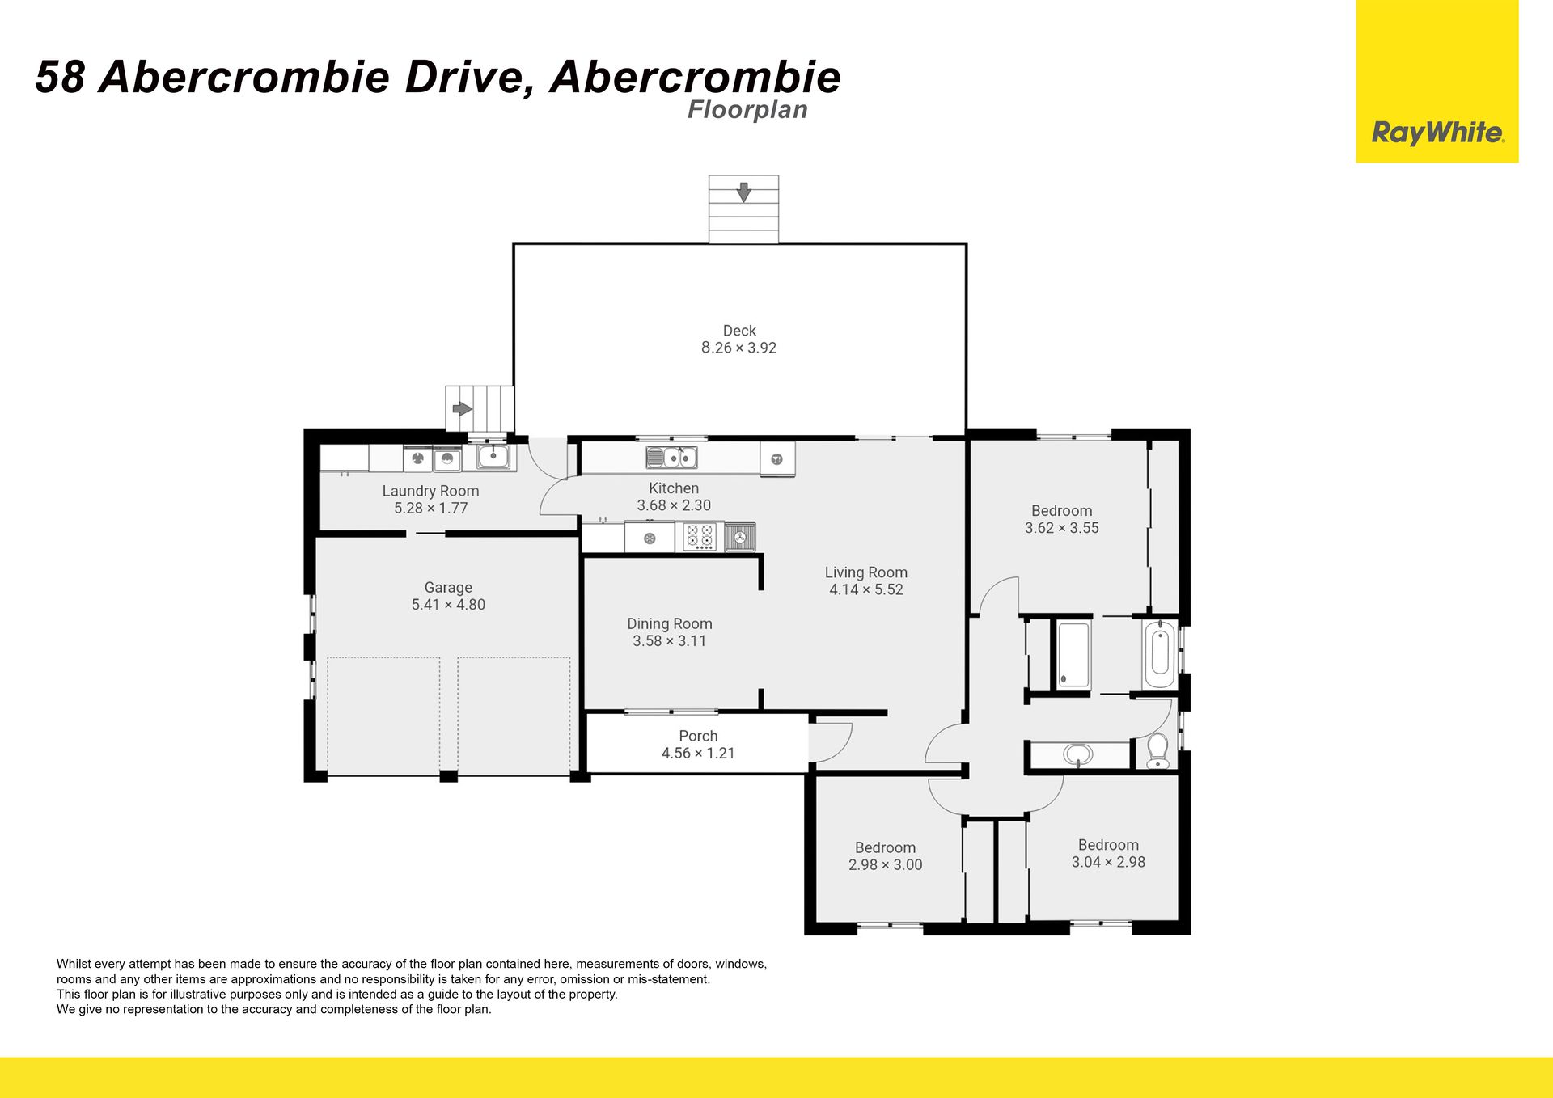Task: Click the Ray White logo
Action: pos(1437,81)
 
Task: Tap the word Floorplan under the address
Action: pos(747,110)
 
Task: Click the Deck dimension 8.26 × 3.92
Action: pos(738,348)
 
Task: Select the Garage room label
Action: pos(448,588)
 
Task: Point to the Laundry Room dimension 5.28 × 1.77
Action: pos(430,509)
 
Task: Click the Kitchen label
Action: pos(674,488)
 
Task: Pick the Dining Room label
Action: pos(670,624)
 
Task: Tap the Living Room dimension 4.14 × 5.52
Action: pos(866,590)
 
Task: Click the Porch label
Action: pos(698,737)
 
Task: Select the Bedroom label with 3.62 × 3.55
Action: pos(1061,511)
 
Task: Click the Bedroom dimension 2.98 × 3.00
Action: pos(885,865)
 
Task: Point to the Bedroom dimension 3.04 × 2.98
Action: pos(1108,863)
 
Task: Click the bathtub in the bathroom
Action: pos(1159,653)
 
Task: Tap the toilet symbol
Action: pos(1157,751)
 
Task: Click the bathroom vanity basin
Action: pos(1077,755)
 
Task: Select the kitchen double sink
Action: pos(671,458)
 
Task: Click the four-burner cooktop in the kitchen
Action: pos(700,537)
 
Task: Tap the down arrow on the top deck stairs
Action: pos(743,192)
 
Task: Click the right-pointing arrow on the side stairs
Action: pos(463,409)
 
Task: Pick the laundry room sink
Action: pos(493,458)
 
